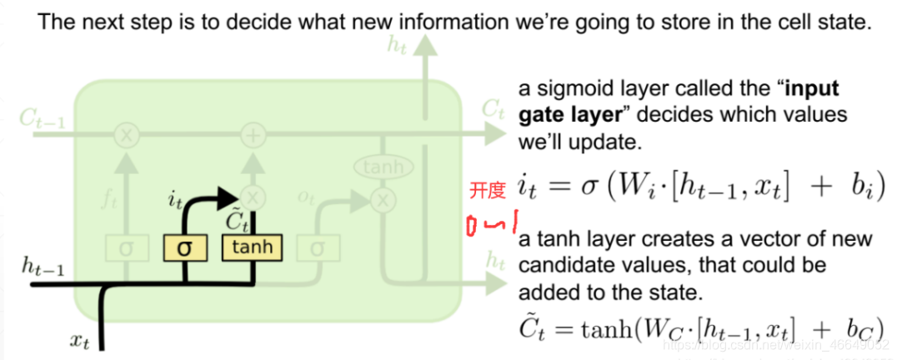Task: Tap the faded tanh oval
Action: pos(383,167)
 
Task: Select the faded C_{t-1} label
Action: pos(42,117)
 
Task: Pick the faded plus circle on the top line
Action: pos(252,134)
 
